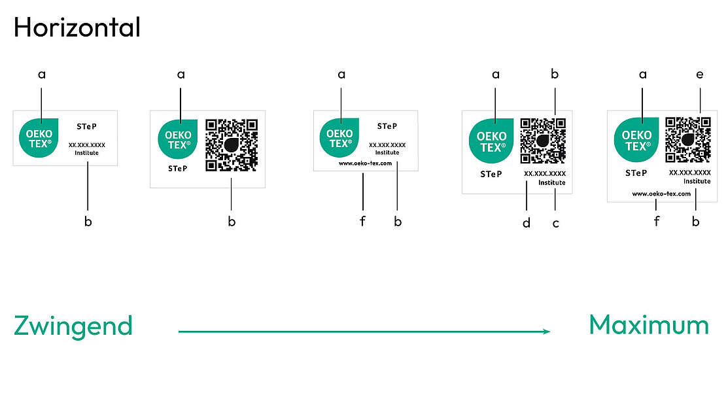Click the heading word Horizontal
pyautogui.click(x=77, y=27)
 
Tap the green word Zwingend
pyautogui.click(x=73, y=326)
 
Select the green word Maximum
pyautogui.click(x=648, y=325)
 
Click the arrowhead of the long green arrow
pyautogui.click(x=546, y=331)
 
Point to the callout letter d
pyautogui.click(x=527, y=223)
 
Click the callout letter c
pyautogui.click(x=556, y=223)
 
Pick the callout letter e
pyautogui.click(x=700, y=75)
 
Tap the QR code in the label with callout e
pyautogui.click(x=688, y=139)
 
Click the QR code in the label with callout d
pyautogui.click(x=543, y=141)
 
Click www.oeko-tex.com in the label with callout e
pyautogui.click(x=661, y=194)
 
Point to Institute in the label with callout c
pyautogui.click(x=552, y=183)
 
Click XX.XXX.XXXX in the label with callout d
pyautogui.click(x=545, y=174)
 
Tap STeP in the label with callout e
pyautogui.click(x=636, y=173)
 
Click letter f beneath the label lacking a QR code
pyautogui.click(x=362, y=222)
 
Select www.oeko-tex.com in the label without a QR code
pyautogui.click(x=365, y=163)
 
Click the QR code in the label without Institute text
pyautogui.click(x=231, y=144)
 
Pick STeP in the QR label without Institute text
pyautogui.click(x=177, y=168)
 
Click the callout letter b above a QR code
pyautogui.click(x=555, y=75)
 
